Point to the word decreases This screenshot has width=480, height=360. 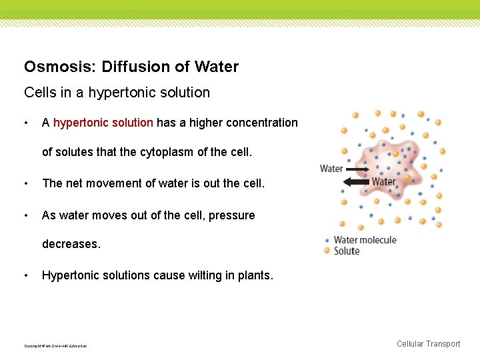coord(71,244)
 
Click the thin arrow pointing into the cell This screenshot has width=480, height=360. coord(358,170)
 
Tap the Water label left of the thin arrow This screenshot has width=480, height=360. coord(331,169)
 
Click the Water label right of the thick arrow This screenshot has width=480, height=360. coord(383,181)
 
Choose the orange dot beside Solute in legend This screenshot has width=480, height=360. coord(327,251)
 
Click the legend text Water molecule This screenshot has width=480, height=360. coord(365,240)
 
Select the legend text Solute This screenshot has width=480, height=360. coord(347,251)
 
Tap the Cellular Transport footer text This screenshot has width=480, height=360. coord(428,344)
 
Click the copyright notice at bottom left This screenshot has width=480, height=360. coord(55,345)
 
